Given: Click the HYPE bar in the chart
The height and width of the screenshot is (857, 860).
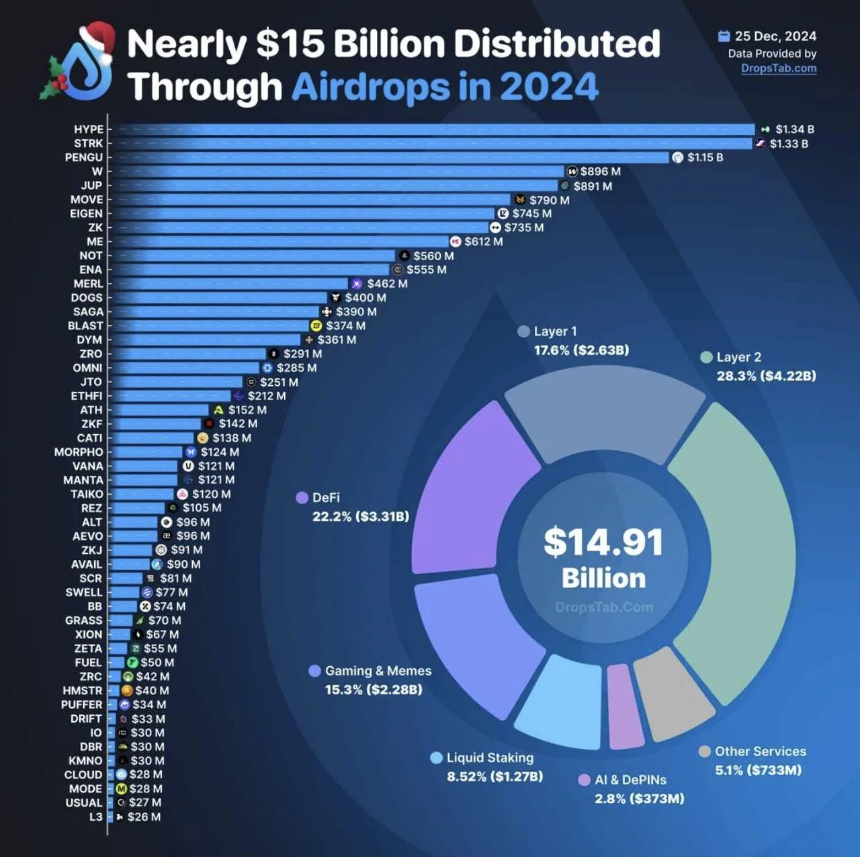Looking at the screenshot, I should pos(430,129).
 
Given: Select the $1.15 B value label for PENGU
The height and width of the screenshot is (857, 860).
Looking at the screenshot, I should pos(705,157).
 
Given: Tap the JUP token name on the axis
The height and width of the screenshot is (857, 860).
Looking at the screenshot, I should pos(91,186).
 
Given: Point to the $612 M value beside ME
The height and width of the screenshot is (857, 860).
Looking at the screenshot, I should pos(483,241).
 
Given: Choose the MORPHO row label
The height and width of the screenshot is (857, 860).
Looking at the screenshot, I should pos(79,452).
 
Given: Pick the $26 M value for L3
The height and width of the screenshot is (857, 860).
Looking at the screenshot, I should pos(144,817).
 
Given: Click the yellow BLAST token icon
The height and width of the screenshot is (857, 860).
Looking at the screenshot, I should pos(316,326).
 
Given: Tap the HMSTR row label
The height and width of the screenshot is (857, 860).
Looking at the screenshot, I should pos(82,690).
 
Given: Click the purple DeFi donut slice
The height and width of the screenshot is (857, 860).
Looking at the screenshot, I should pos(470,491).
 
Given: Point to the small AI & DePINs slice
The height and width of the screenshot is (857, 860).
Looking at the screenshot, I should pos(624,706).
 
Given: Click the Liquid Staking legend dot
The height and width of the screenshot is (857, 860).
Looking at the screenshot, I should pos(437,758).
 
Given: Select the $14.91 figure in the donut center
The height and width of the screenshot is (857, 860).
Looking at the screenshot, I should pos(603,542).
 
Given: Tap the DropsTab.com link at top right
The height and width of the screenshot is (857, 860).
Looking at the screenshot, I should pos(779,68).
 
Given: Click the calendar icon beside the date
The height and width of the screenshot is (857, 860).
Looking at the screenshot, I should pos(724,36).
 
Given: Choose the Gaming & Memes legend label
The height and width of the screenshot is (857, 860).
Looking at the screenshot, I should pos(378,671).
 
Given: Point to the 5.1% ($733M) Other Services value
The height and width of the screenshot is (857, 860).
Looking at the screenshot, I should pos(758,770).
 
